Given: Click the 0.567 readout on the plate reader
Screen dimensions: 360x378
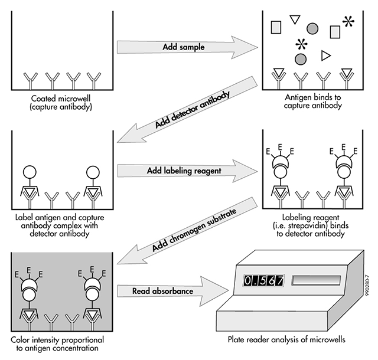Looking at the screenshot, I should coord(265,280).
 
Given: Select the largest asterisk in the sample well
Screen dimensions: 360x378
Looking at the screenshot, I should coord(350,22).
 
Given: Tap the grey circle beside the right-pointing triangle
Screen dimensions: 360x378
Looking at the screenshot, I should coord(301,58).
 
